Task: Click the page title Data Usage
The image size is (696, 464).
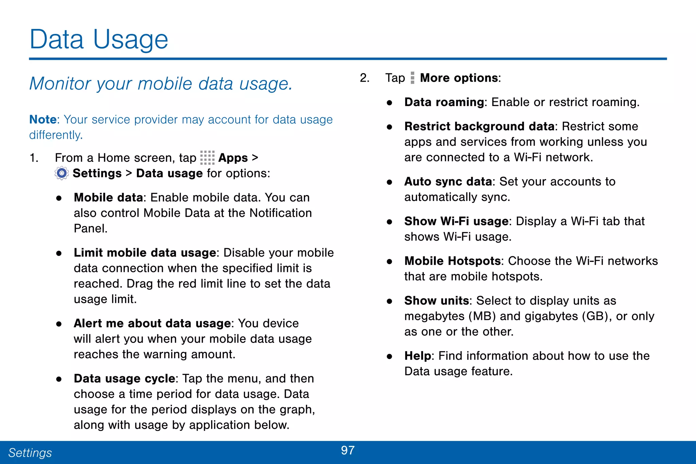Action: [x=99, y=40]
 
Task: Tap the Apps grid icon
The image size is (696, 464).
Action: [x=207, y=158]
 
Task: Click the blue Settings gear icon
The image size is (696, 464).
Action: [x=62, y=173]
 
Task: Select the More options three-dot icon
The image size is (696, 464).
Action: [x=412, y=78]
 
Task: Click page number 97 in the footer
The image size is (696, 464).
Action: [x=348, y=450]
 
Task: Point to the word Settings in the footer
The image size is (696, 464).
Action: [x=30, y=453]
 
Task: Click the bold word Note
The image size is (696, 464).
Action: [x=42, y=120]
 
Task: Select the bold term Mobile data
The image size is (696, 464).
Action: [x=108, y=197]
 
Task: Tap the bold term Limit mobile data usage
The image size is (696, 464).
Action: [x=145, y=253]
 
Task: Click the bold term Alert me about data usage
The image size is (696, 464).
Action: [x=152, y=323]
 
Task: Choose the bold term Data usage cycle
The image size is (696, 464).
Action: [x=124, y=379]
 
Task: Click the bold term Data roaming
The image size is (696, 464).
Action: [x=444, y=102]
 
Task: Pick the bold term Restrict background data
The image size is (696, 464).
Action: [x=479, y=126]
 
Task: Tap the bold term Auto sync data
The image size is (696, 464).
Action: [x=448, y=182]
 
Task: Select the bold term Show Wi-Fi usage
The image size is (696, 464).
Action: [x=456, y=221]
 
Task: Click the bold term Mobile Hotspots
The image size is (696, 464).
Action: [x=452, y=261]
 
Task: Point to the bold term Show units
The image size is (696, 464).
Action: [x=436, y=301]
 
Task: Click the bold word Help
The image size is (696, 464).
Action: [x=418, y=356]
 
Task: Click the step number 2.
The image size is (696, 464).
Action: [x=364, y=78]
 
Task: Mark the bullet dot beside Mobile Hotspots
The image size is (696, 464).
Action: [x=389, y=261]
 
